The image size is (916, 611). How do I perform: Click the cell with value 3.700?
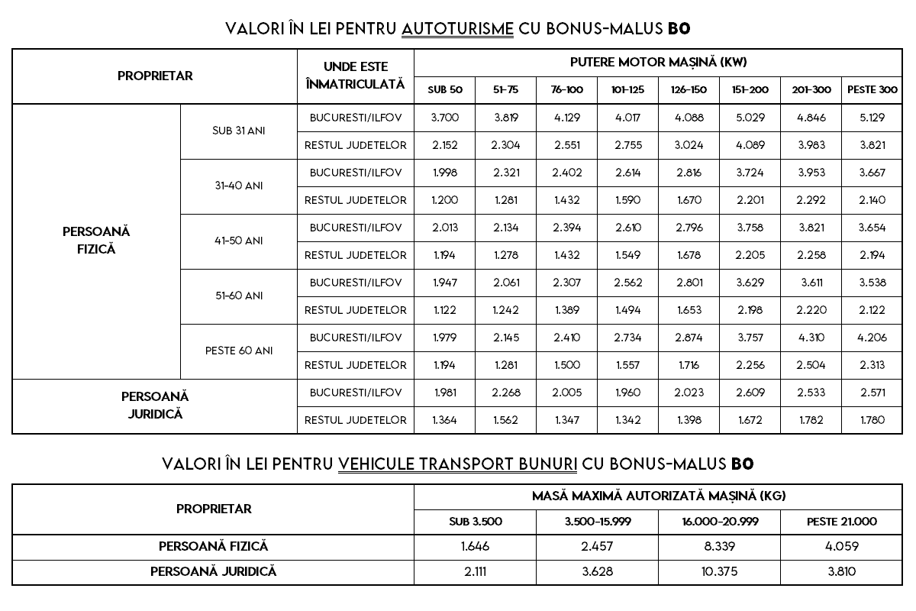click(x=444, y=118)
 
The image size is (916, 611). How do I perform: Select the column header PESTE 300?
click(x=872, y=90)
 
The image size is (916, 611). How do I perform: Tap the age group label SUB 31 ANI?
click(x=239, y=131)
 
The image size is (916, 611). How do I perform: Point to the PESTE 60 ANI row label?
click(x=239, y=351)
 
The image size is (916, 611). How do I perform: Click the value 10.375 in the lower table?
click(x=719, y=571)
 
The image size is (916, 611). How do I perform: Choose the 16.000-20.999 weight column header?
click(x=719, y=522)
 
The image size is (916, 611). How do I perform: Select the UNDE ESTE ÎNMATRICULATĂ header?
click(x=355, y=76)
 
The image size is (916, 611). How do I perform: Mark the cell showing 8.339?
click(x=719, y=546)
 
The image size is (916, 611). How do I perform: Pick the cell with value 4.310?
click(x=811, y=338)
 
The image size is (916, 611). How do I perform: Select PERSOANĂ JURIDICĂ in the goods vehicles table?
click(x=213, y=571)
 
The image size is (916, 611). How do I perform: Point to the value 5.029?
click(x=750, y=118)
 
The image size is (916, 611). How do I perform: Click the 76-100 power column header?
click(x=566, y=90)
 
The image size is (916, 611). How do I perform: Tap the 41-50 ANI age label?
click(x=239, y=241)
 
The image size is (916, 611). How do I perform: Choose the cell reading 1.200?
click(x=444, y=200)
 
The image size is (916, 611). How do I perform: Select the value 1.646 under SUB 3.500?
click(x=475, y=546)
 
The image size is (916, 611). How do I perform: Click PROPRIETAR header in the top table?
click(x=155, y=76)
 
